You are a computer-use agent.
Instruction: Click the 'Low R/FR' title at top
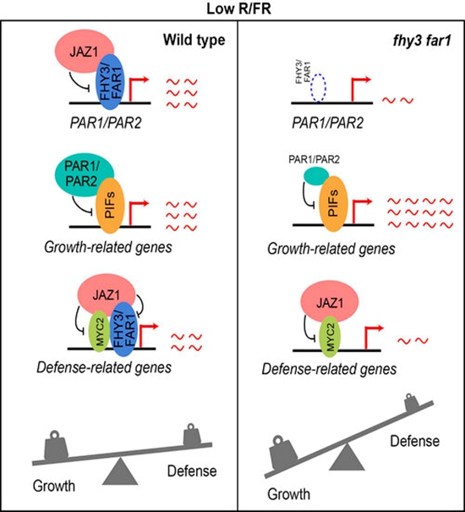click(x=238, y=8)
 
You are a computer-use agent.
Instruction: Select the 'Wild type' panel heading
click(x=194, y=40)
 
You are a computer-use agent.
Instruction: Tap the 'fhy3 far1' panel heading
click(x=421, y=41)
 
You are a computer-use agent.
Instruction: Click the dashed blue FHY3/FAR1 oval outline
click(x=319, y=88)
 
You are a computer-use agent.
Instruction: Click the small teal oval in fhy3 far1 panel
click(x=316, y=176)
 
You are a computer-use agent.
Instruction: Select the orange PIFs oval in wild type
click(x=110, y=206)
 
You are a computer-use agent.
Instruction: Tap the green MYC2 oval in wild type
click(x=99, y=331)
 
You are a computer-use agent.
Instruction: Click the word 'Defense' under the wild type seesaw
click(x=192, y=471)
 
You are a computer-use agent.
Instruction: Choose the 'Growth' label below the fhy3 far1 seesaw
click(x=288, y=494)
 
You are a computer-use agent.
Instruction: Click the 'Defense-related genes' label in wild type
click(x=104, y=367)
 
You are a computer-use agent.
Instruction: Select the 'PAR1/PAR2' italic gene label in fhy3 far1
click(x=327, y=124)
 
